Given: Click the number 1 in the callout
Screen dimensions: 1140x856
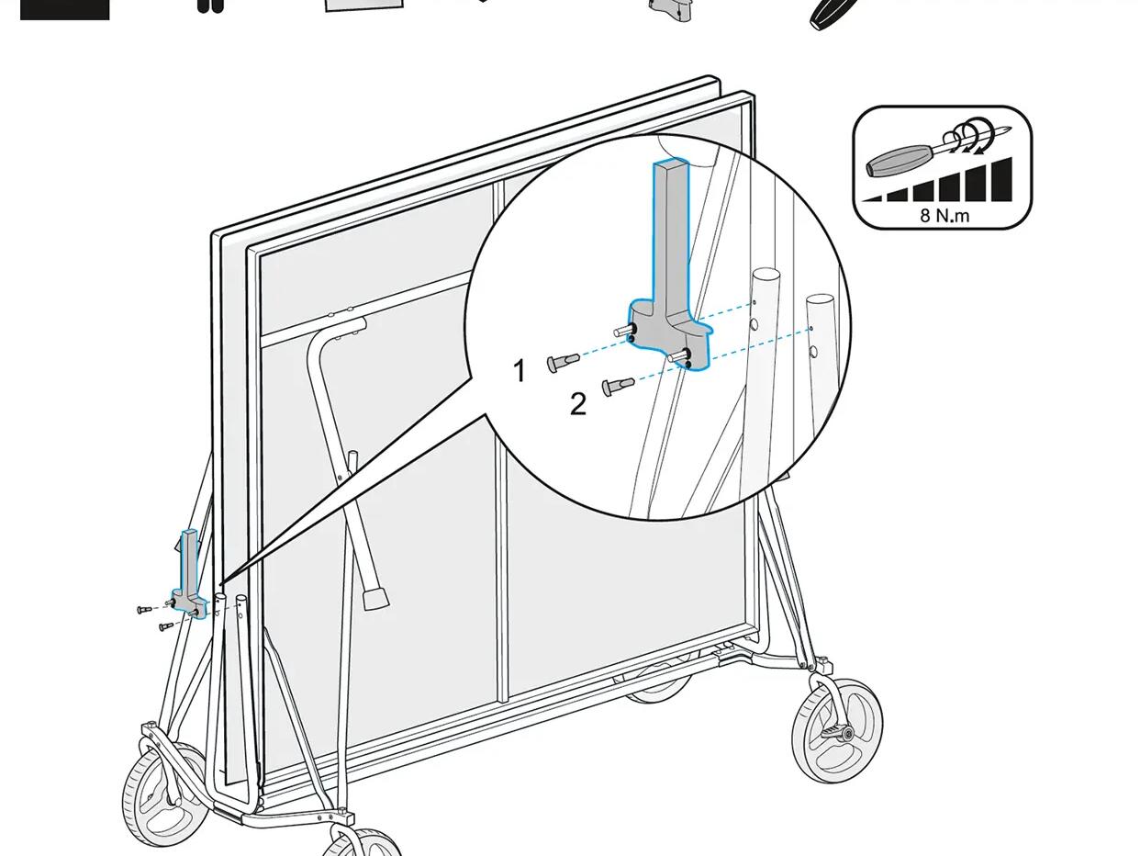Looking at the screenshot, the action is pyautogui.click(x=520, y=371).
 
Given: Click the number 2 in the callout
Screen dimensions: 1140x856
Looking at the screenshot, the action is pyautogui.click(x=578, y=404).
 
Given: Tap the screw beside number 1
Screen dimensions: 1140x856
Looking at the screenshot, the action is pyautogui.click(x=564, y=362).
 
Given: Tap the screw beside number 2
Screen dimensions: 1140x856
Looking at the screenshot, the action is pyautogui.click(x=618, y=386).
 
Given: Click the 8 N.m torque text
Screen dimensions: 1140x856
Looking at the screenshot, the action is pyautogui.click(x=944, y=216).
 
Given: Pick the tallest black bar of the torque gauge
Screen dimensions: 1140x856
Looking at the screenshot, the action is pyautogui.click(x=1001, y=179).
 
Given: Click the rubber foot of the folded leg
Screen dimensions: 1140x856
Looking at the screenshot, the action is pyautogui.click(x=375, y=599).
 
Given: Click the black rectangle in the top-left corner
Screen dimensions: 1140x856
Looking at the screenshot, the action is pyautogui.click(x=65, y=10).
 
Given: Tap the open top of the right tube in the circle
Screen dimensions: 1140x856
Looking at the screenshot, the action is pyautogui.click(x=820, y=300).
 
